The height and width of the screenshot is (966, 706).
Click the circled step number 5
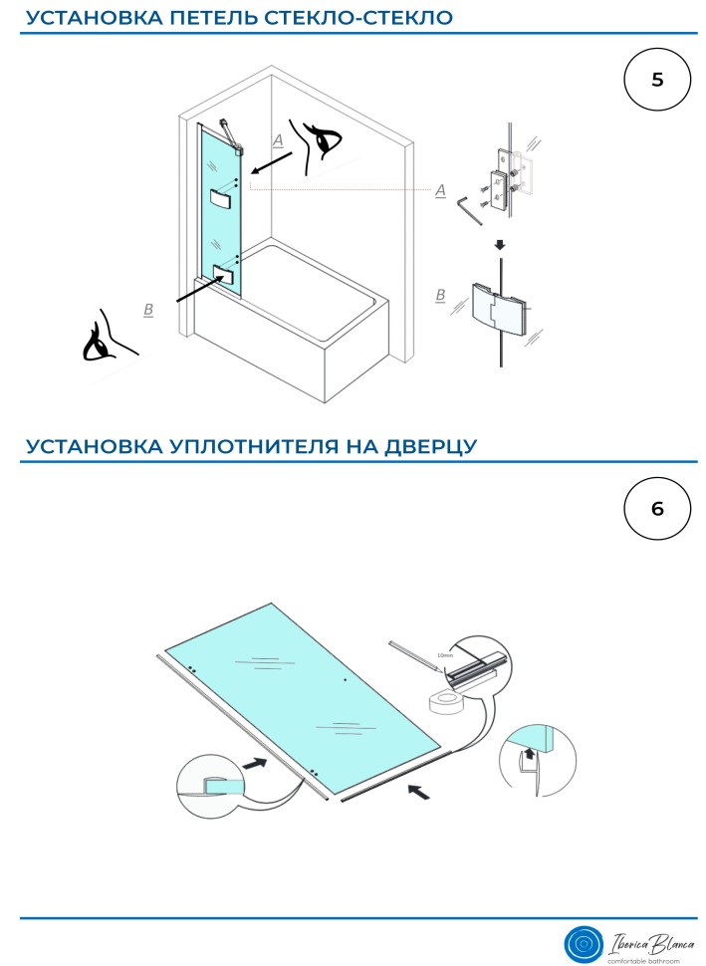tap(656, 80)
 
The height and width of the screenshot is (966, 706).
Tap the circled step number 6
tap(656, 509)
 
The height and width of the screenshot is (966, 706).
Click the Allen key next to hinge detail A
tap(468, 208)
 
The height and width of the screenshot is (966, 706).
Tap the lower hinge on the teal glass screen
tap(224, 272)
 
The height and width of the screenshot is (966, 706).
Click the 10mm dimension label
tap(445, 656)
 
